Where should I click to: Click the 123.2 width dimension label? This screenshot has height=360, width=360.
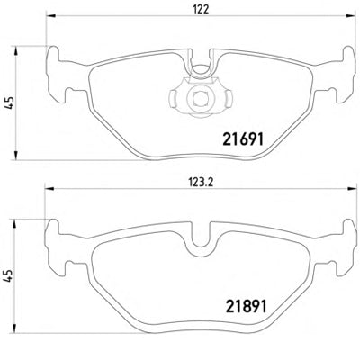tap(201, 183)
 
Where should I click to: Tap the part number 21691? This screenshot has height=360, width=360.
tap(243, 139)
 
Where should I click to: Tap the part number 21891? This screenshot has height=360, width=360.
tap(245, 306)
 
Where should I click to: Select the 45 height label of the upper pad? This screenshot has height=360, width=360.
tap(10, 103)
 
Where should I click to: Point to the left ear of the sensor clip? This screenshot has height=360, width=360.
tap(174, 98)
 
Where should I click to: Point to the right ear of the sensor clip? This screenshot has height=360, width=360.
tap(228, 98)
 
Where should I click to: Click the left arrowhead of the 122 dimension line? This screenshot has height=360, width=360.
tap(49, 15)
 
